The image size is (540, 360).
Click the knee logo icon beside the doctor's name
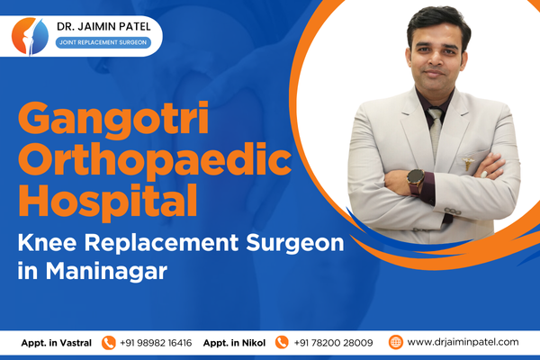tap(30, 36)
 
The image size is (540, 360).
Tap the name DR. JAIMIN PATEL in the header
tap(103, 26)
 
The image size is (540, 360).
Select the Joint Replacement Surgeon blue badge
tap(103, 42)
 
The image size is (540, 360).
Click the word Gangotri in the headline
tap(113, 119)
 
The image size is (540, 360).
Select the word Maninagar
tap(106, 271)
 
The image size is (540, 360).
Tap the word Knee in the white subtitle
tap(47, 242)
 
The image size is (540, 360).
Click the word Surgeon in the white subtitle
tap(295, 243)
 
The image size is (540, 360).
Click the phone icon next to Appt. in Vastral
tap(109, 343)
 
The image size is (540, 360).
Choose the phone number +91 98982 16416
tap(156, 343)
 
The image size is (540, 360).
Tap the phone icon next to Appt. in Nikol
tap(282, 342)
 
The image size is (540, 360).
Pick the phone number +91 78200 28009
tap(333, 343)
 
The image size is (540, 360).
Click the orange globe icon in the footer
tap(396, 342)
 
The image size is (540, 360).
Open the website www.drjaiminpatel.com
tap(463, 342)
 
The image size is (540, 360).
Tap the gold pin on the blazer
tap(468, 163)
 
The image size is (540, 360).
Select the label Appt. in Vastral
tap(57, 343)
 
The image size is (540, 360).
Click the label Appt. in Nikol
tap(234, 343)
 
